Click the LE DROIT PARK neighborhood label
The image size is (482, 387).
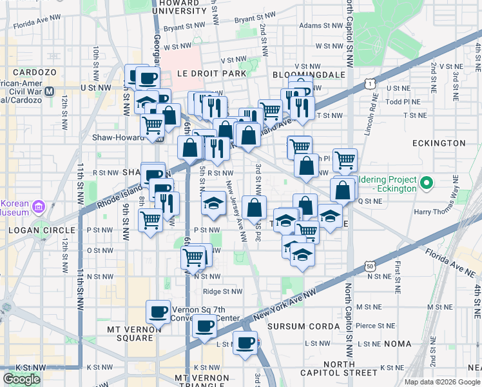pyautogui.click(x=208, y=74)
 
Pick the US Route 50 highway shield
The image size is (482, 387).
pyautogui.click(x=369, y=265)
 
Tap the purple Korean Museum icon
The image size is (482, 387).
pyautogui.click(x=38, y=206)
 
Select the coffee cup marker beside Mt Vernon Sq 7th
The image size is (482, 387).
pyautogui.click(x=158, y=313)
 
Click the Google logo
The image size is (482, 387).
pyautogui.click(x=21, y=379)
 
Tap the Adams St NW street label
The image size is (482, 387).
pyautogui.click(x=323, y=26)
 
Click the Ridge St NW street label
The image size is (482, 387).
pyautogui.click(x=222, y=292)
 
